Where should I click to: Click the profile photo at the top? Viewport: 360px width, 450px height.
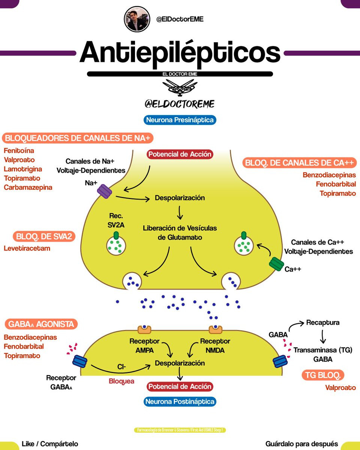137,19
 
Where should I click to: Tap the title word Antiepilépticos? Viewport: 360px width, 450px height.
180,52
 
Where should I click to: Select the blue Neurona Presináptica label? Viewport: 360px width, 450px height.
180,120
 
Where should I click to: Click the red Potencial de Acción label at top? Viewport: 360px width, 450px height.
180,154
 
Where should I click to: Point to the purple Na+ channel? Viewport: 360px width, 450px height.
105,192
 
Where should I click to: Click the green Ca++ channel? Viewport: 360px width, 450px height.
276,264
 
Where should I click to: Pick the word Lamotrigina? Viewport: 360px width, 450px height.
23,169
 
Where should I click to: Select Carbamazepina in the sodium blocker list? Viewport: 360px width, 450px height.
28,187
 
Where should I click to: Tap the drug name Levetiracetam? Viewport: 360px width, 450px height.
27,248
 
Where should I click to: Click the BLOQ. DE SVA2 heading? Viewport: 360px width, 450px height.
44,236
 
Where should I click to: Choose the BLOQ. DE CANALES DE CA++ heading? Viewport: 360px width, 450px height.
300,163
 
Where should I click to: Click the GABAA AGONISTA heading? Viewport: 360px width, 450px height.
41,324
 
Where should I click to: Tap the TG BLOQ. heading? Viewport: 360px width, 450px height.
323,375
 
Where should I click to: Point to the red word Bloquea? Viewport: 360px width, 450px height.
121,381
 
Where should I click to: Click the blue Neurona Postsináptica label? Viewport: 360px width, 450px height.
180,402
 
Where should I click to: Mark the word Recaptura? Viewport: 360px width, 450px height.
322,322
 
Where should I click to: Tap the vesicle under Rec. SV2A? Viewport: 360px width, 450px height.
116,245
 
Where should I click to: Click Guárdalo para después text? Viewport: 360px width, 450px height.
301,444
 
